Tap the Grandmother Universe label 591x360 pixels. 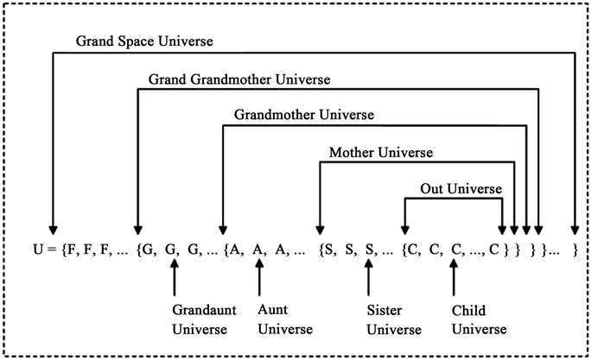(x=304, y=114)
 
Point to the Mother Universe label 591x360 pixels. (x=381, y=153)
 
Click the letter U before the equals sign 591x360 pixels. (x=35, y=251)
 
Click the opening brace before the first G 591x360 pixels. (x=140, y=251)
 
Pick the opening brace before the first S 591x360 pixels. (x=321, y=251)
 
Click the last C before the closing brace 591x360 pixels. (x=492, y=251)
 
